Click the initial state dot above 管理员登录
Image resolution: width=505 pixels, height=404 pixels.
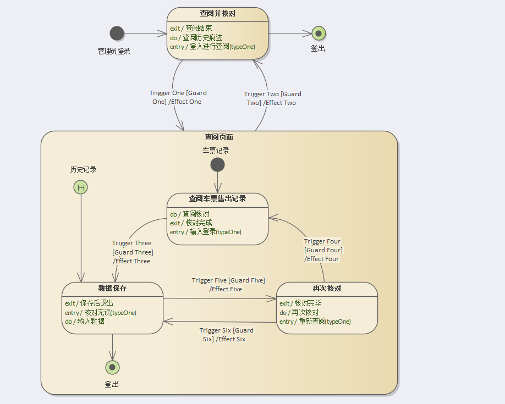117,34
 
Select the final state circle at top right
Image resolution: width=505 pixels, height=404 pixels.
319,34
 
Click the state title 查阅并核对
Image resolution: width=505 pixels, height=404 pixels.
217,14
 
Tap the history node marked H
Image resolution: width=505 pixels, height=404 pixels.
81,187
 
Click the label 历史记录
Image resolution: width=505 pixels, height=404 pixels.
83,169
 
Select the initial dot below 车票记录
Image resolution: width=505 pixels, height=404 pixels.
217,165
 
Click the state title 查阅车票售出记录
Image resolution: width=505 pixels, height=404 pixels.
217,199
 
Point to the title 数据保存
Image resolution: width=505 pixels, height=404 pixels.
112,288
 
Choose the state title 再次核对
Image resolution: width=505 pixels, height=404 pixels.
327,288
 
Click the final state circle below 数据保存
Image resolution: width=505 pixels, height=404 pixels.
112,367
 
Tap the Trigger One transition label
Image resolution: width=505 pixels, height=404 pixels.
178,97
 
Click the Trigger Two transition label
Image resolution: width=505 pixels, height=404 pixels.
273,98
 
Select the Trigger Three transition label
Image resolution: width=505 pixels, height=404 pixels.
132,252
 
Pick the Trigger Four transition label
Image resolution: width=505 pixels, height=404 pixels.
323,250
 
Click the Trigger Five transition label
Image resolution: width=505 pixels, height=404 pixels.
228,285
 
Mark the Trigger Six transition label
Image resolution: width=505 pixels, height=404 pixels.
226,335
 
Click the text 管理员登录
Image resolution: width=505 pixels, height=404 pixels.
114,51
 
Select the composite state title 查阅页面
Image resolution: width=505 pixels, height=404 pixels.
218,137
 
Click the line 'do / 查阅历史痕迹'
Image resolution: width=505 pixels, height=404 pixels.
196,37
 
